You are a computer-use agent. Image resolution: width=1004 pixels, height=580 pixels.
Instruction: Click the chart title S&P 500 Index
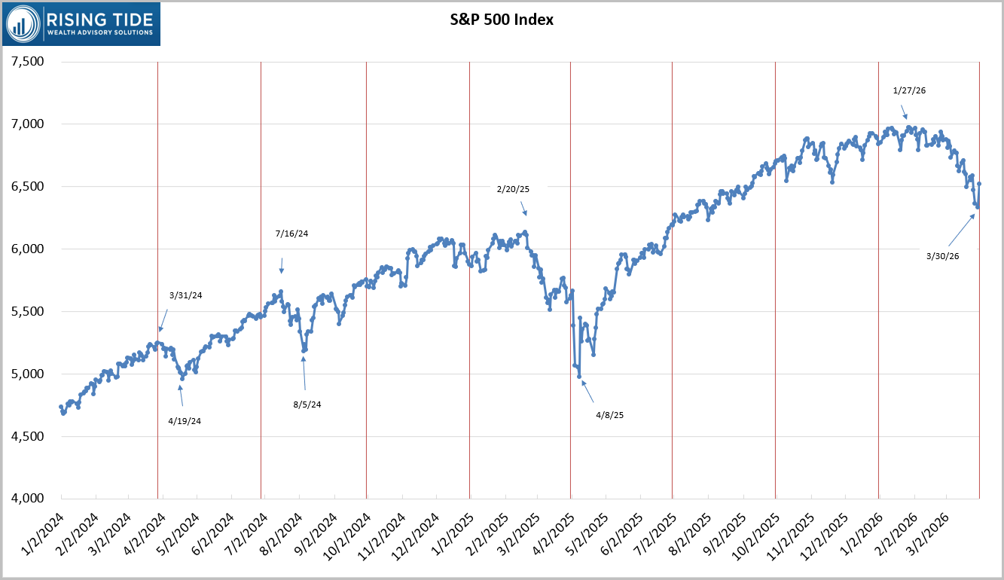point(496,20)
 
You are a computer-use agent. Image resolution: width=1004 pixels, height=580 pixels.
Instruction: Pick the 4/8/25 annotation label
point(610,414)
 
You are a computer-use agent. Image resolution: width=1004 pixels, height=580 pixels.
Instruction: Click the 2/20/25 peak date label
point(512,189)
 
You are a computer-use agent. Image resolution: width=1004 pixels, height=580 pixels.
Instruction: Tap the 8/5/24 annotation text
point(307,404)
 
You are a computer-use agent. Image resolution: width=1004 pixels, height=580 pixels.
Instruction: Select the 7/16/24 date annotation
point(292,234)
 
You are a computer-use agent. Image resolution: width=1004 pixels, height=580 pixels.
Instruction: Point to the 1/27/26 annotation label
point(909,90)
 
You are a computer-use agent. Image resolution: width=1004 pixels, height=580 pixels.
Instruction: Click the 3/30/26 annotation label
point(942,256)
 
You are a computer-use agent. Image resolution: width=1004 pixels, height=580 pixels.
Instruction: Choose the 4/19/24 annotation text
point(185,420)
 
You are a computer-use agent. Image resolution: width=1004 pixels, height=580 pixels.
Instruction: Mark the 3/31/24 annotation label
point(186,295)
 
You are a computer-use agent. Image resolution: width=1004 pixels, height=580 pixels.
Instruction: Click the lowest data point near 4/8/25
point(579,376)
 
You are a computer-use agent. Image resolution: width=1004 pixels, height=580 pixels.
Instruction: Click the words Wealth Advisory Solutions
point(100,32)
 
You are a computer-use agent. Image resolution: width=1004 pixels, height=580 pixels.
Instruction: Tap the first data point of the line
point(60,407)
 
